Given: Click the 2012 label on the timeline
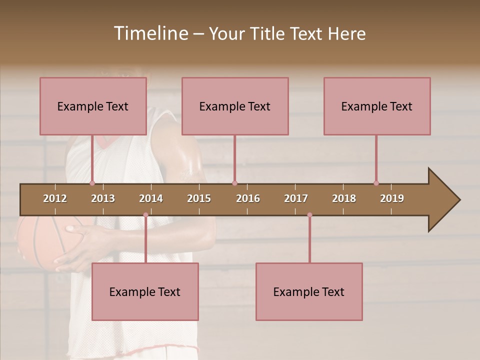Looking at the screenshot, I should (x=55, y=198).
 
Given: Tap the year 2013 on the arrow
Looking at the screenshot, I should (x=103, y=198).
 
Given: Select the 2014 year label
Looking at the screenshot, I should (x=151, y=198).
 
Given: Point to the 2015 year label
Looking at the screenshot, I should (x=199, y=198).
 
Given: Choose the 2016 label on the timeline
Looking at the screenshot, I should (x=248, y=198).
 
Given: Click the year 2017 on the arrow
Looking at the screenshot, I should (x=296, y=198).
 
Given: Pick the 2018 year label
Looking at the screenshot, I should (x=344, y=198).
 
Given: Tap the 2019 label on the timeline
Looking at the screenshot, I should (x=392, y=198).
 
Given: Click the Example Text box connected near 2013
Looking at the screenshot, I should (x=93, y=106).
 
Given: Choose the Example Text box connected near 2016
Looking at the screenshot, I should (x=235, y=106).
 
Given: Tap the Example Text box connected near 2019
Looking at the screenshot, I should (x=377, y=106).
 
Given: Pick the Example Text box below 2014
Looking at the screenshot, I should (x=145, y=291).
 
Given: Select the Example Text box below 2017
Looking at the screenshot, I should (x=309, y=291).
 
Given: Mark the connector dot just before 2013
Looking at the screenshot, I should (x=92, y=183).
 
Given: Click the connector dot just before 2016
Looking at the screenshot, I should (x=234, y=183).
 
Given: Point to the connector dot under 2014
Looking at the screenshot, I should (x=145, y=215).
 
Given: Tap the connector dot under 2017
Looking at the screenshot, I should (x=309, y=215).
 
